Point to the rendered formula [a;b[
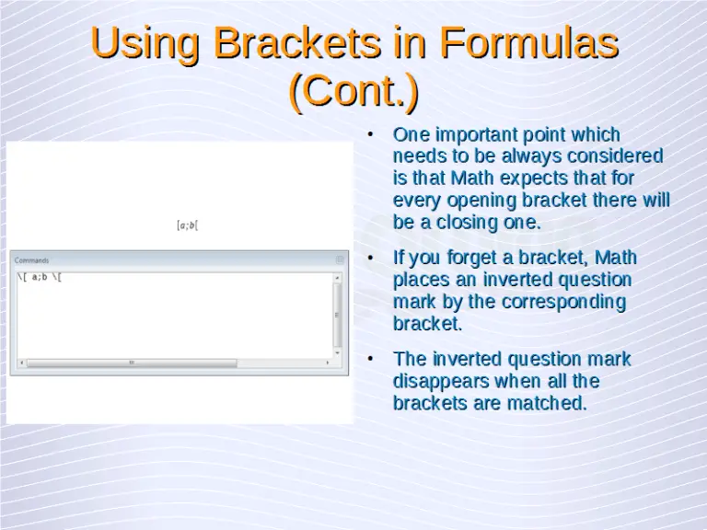188,225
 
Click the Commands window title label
32,260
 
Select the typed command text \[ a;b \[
41,277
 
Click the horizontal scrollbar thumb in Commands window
131,363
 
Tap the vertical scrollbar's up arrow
338,277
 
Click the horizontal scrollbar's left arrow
19,363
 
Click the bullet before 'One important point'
370,135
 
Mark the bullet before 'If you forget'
370,258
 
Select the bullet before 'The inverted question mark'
370,359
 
